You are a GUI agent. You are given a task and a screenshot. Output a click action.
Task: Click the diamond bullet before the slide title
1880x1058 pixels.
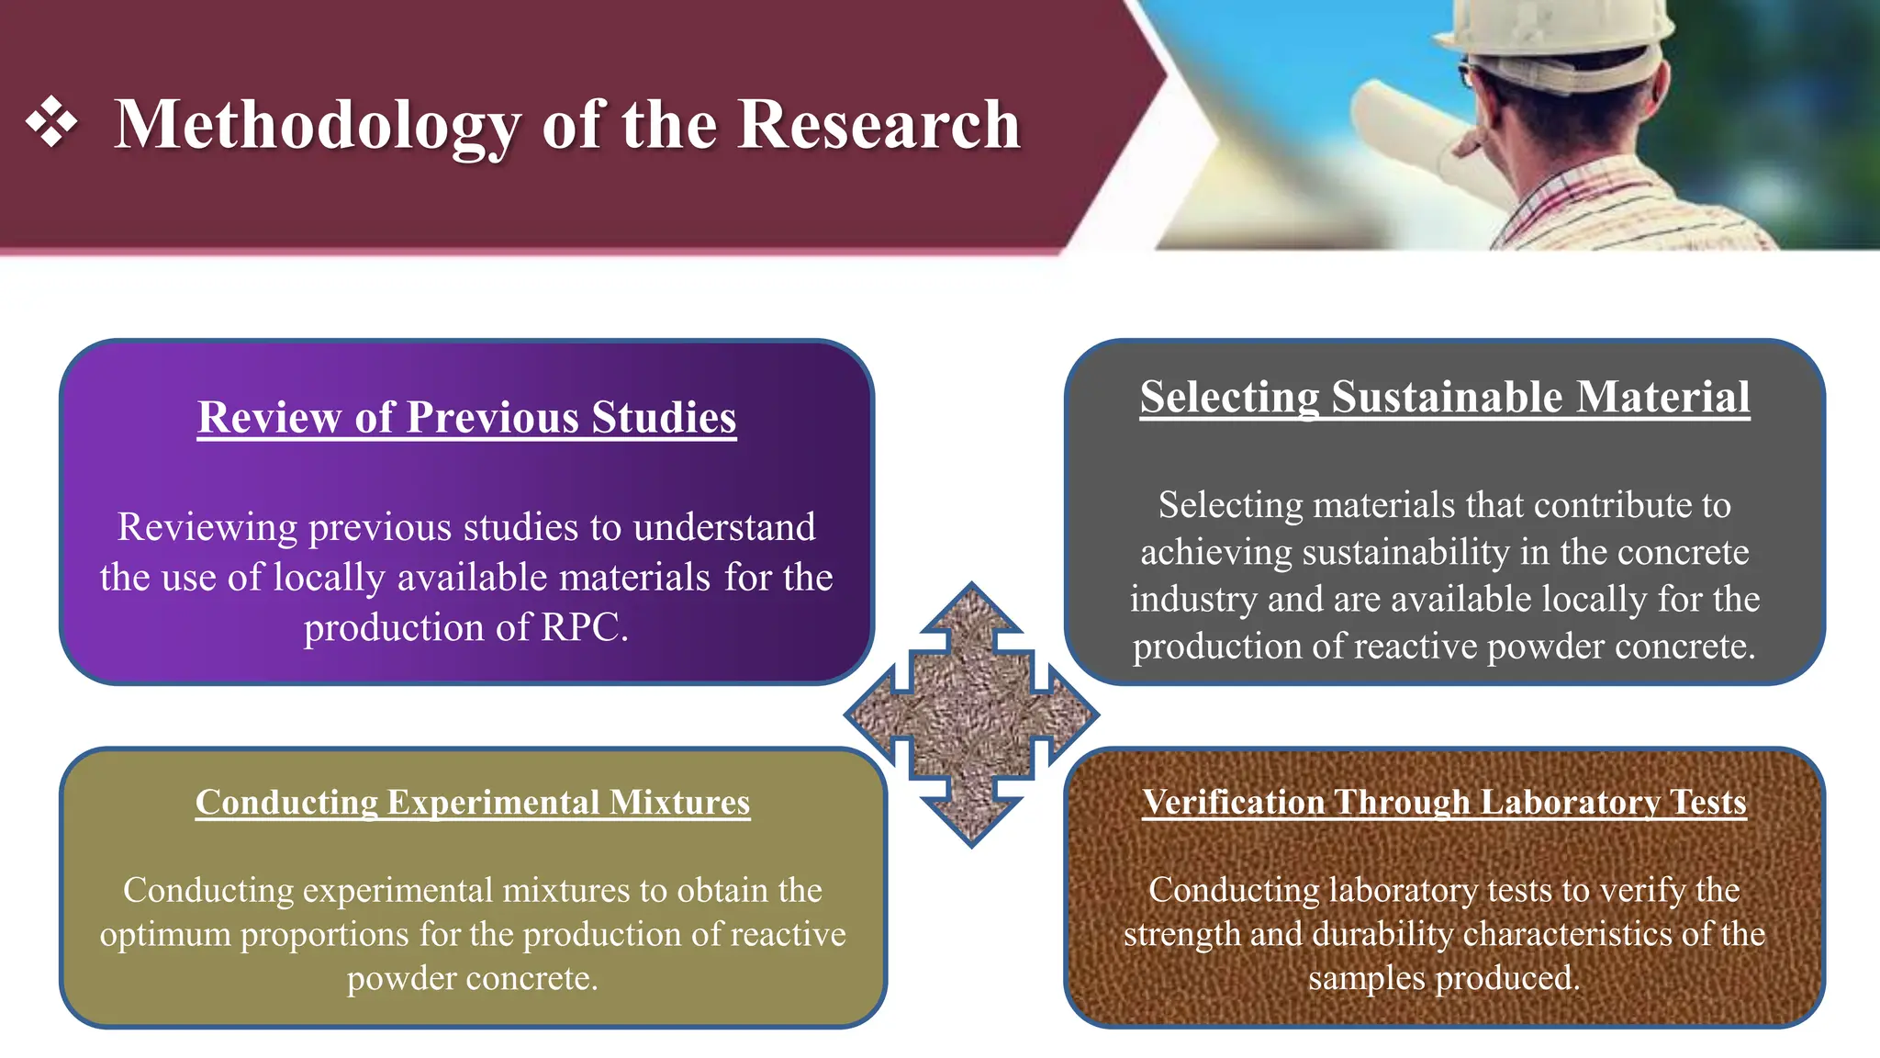click(51, 122)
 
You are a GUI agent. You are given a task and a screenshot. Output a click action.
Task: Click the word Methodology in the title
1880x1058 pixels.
click(317, 126)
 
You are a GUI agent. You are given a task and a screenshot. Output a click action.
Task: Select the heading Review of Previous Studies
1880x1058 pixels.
click(466, 418)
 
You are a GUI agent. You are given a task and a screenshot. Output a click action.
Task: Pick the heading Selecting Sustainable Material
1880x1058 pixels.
click(1444, 398)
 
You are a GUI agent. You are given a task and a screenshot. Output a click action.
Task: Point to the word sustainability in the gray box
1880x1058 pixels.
click(1405, 552)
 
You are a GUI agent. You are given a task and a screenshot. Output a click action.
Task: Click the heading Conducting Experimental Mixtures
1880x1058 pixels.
click(472, 803)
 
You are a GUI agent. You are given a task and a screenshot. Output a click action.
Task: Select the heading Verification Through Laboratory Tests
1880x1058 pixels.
click(1444, 803)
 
